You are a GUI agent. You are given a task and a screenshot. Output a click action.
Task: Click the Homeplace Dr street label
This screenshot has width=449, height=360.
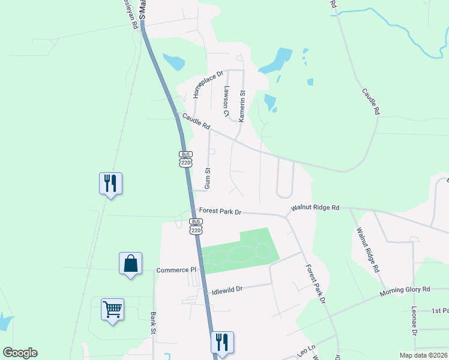208,85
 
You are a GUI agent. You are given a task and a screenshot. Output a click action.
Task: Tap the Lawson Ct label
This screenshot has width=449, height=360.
226,101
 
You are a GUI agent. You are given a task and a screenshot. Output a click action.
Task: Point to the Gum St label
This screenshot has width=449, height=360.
208,178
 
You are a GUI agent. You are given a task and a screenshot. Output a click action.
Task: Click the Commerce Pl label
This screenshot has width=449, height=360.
176,270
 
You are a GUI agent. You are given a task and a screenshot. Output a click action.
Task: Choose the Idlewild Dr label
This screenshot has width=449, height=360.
227,289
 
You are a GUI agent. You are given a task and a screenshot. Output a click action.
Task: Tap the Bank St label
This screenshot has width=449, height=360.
154,322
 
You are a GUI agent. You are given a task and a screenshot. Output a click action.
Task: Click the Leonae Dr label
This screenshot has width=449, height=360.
414,322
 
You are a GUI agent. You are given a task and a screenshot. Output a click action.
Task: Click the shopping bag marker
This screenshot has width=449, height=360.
130,263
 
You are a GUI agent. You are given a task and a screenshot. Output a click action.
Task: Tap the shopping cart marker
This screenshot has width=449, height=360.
112,310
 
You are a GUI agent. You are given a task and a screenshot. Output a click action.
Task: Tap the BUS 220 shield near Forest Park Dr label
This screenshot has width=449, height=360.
196,226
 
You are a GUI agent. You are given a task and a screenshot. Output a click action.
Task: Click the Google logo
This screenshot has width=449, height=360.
20,353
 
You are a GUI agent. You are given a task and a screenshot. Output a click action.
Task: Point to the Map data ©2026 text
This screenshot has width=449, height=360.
423,355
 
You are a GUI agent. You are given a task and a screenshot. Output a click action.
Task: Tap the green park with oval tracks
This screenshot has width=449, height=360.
240,252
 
